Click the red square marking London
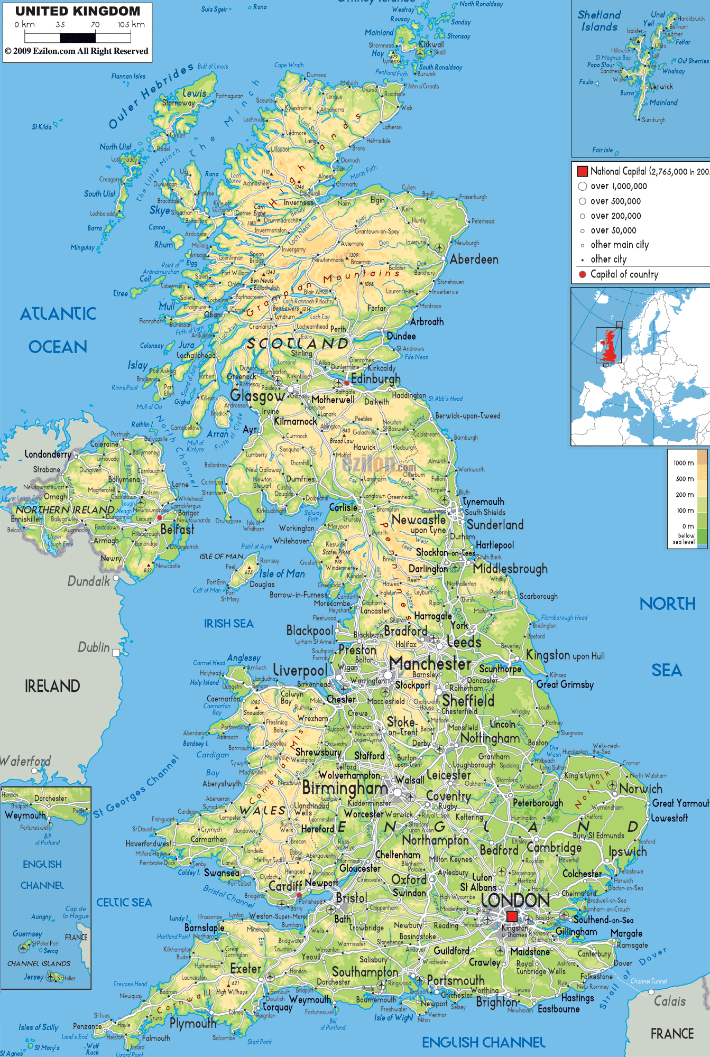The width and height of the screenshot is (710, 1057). (x=512, y=916)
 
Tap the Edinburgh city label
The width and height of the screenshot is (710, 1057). (x=375, y=379)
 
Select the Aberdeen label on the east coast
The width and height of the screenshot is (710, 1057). (x=474, y=259)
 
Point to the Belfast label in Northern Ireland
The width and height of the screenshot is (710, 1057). (x=177, y=529)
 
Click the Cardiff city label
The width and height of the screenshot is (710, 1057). (x=285, y=886)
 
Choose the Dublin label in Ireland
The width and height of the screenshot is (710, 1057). (x=94, y=647)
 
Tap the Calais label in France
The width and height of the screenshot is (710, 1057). (x=670, y=1001)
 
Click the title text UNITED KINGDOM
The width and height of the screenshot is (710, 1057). (x=78, y=11)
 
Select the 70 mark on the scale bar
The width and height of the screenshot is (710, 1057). (x=95, y=25)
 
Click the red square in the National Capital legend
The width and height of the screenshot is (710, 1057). (x=582, y=171)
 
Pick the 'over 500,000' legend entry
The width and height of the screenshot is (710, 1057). (x=615, y=201)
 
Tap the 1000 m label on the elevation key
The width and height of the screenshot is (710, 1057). (x=684, y=463)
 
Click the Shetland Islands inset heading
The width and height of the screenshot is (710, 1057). (x=599, y=21)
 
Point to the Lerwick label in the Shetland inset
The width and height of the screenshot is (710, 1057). (x=661, y=87)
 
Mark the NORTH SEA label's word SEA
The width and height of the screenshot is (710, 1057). (x=667, y=671)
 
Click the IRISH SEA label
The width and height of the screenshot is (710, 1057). (x=229, y=624)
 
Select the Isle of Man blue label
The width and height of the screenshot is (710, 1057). (x=282, y=574)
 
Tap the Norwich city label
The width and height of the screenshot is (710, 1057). (x=641, y=789)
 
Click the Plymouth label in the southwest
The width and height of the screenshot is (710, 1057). (x=193, y=1024)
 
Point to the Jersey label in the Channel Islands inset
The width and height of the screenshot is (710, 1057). (x=33, y=977)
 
